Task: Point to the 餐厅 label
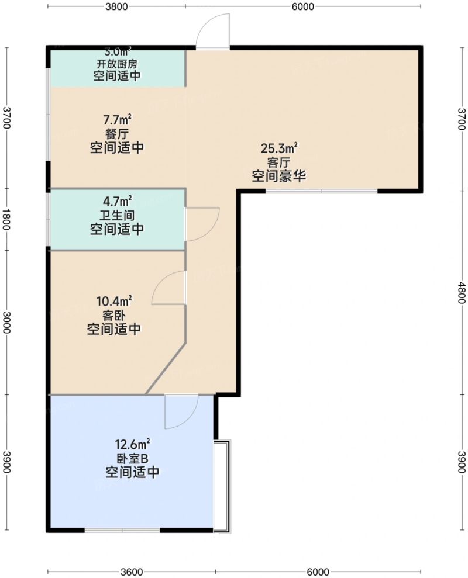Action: pyautogui.click(x=117, y=134)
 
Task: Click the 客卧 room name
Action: pyautogui.click(x=114, y=316)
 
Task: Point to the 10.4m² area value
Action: pyautogui.click(x=114, y=302)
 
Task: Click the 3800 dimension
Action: pyautogui.click(x=116, y=6)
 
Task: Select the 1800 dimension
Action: pyautogui.click(x=6, y=219)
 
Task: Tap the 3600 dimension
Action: pyautogui.click(x=131, y=572)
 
